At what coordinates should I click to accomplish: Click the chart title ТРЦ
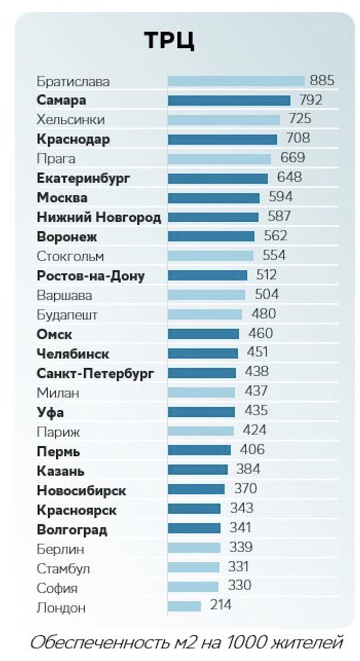click(169, 40)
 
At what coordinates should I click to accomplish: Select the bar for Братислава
click(236, 81)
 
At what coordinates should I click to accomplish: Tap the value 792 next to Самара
click(310, 100)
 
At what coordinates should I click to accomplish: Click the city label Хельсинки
click(70, 120)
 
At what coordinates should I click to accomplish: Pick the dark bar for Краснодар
click(222, 139)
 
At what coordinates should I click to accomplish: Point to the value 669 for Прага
click(292, 157)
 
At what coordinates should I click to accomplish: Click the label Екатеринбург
click(83, 178)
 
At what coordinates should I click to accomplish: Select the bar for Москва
click(214, 198)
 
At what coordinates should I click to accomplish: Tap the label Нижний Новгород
click(99, 217)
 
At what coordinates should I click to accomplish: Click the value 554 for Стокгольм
click(274, 255)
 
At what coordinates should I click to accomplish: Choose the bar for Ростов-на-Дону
click(208, 275)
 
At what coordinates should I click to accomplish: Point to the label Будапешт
click(67, 315)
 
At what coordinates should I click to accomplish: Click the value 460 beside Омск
click(260, 333)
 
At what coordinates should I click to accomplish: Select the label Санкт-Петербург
click(95, 373)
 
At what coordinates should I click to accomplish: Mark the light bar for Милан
click(201, 393)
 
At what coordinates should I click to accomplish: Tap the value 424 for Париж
click(254, 430)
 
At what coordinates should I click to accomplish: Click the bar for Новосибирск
click(196, 489)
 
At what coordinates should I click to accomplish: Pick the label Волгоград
click(72, 530)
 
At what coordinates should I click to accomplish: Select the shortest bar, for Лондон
click(184, 607)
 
